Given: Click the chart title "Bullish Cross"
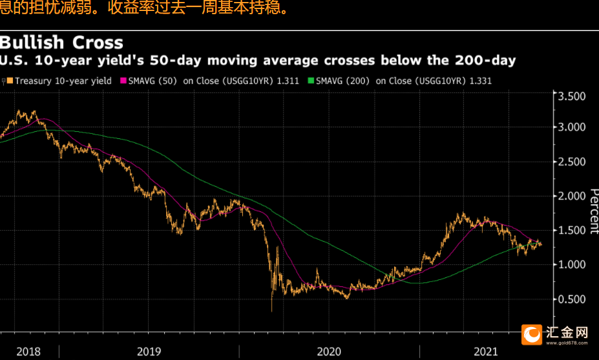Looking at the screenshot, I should pos(61,43).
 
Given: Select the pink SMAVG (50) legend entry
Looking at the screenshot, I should pos(207,81).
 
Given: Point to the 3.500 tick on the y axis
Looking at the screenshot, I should pos(571,96).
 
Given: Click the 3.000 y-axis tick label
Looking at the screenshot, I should pos(571,127).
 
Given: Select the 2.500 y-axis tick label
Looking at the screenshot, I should pos(571,161).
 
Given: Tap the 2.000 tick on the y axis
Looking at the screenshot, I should pos(571,195).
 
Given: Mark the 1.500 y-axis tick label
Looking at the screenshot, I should pos(571,230).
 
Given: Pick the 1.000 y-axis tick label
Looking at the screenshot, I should pos(571,264).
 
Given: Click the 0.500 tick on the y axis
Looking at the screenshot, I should pos(571,299).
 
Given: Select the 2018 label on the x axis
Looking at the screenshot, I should pos(28,352).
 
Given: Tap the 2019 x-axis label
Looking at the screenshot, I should pos(149,352).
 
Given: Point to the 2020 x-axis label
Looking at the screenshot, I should pos(329,352).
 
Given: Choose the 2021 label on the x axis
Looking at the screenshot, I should pos(486,352).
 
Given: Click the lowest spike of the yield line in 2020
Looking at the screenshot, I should pos(271,311).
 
